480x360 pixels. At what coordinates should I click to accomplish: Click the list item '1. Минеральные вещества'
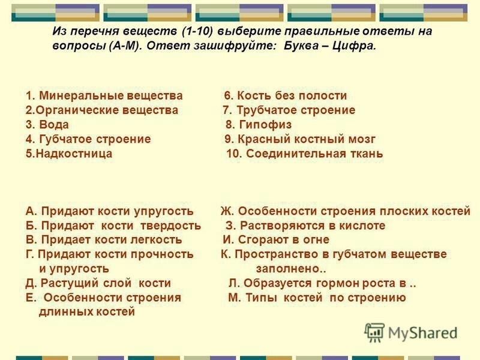click(x=104, y=96)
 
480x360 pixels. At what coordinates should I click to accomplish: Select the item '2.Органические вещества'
click(x=101, y=110)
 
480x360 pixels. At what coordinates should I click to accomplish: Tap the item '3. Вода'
click(x=47, y=125)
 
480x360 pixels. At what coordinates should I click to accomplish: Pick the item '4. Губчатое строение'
click(x=88, y=139)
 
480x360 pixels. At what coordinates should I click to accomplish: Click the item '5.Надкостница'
click(x=69, y=154)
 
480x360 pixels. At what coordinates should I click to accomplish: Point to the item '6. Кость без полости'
click(x=286, y=96)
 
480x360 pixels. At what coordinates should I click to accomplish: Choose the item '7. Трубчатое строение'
click(x=289, y=110)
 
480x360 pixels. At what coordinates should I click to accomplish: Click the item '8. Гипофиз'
click(x=259, y=125)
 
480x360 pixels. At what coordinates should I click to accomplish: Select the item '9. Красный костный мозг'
click(x=299, y=139)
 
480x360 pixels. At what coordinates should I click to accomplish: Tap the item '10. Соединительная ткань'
click(x=305, y=154)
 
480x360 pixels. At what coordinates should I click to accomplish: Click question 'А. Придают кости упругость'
click(x=110, y=211)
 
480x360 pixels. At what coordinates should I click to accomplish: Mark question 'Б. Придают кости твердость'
click(x=113, y=226)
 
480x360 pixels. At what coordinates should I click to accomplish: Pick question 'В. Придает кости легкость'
click(x=104, y=239)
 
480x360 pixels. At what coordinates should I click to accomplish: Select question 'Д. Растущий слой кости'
click(x=98, y=283)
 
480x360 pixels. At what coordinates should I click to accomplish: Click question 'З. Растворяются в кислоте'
click(x=305, y=226)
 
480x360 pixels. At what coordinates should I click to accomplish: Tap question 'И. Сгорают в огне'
click(x=276, y=239)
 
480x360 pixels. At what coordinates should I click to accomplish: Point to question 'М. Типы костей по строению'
click(x=317, y=298)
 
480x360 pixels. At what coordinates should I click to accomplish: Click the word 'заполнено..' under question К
click(x=291, y=269)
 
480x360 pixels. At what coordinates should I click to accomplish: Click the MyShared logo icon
click(x=374, y=332)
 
